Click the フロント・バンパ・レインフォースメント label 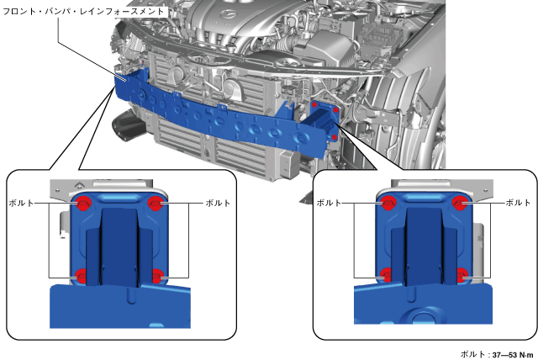click(83, 11)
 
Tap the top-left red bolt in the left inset click(82, 204)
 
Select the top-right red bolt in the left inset click(156, 204)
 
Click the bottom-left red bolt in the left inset click(81, 276)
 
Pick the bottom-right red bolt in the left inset click(156, 276)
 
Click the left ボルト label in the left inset click(21, 204)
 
